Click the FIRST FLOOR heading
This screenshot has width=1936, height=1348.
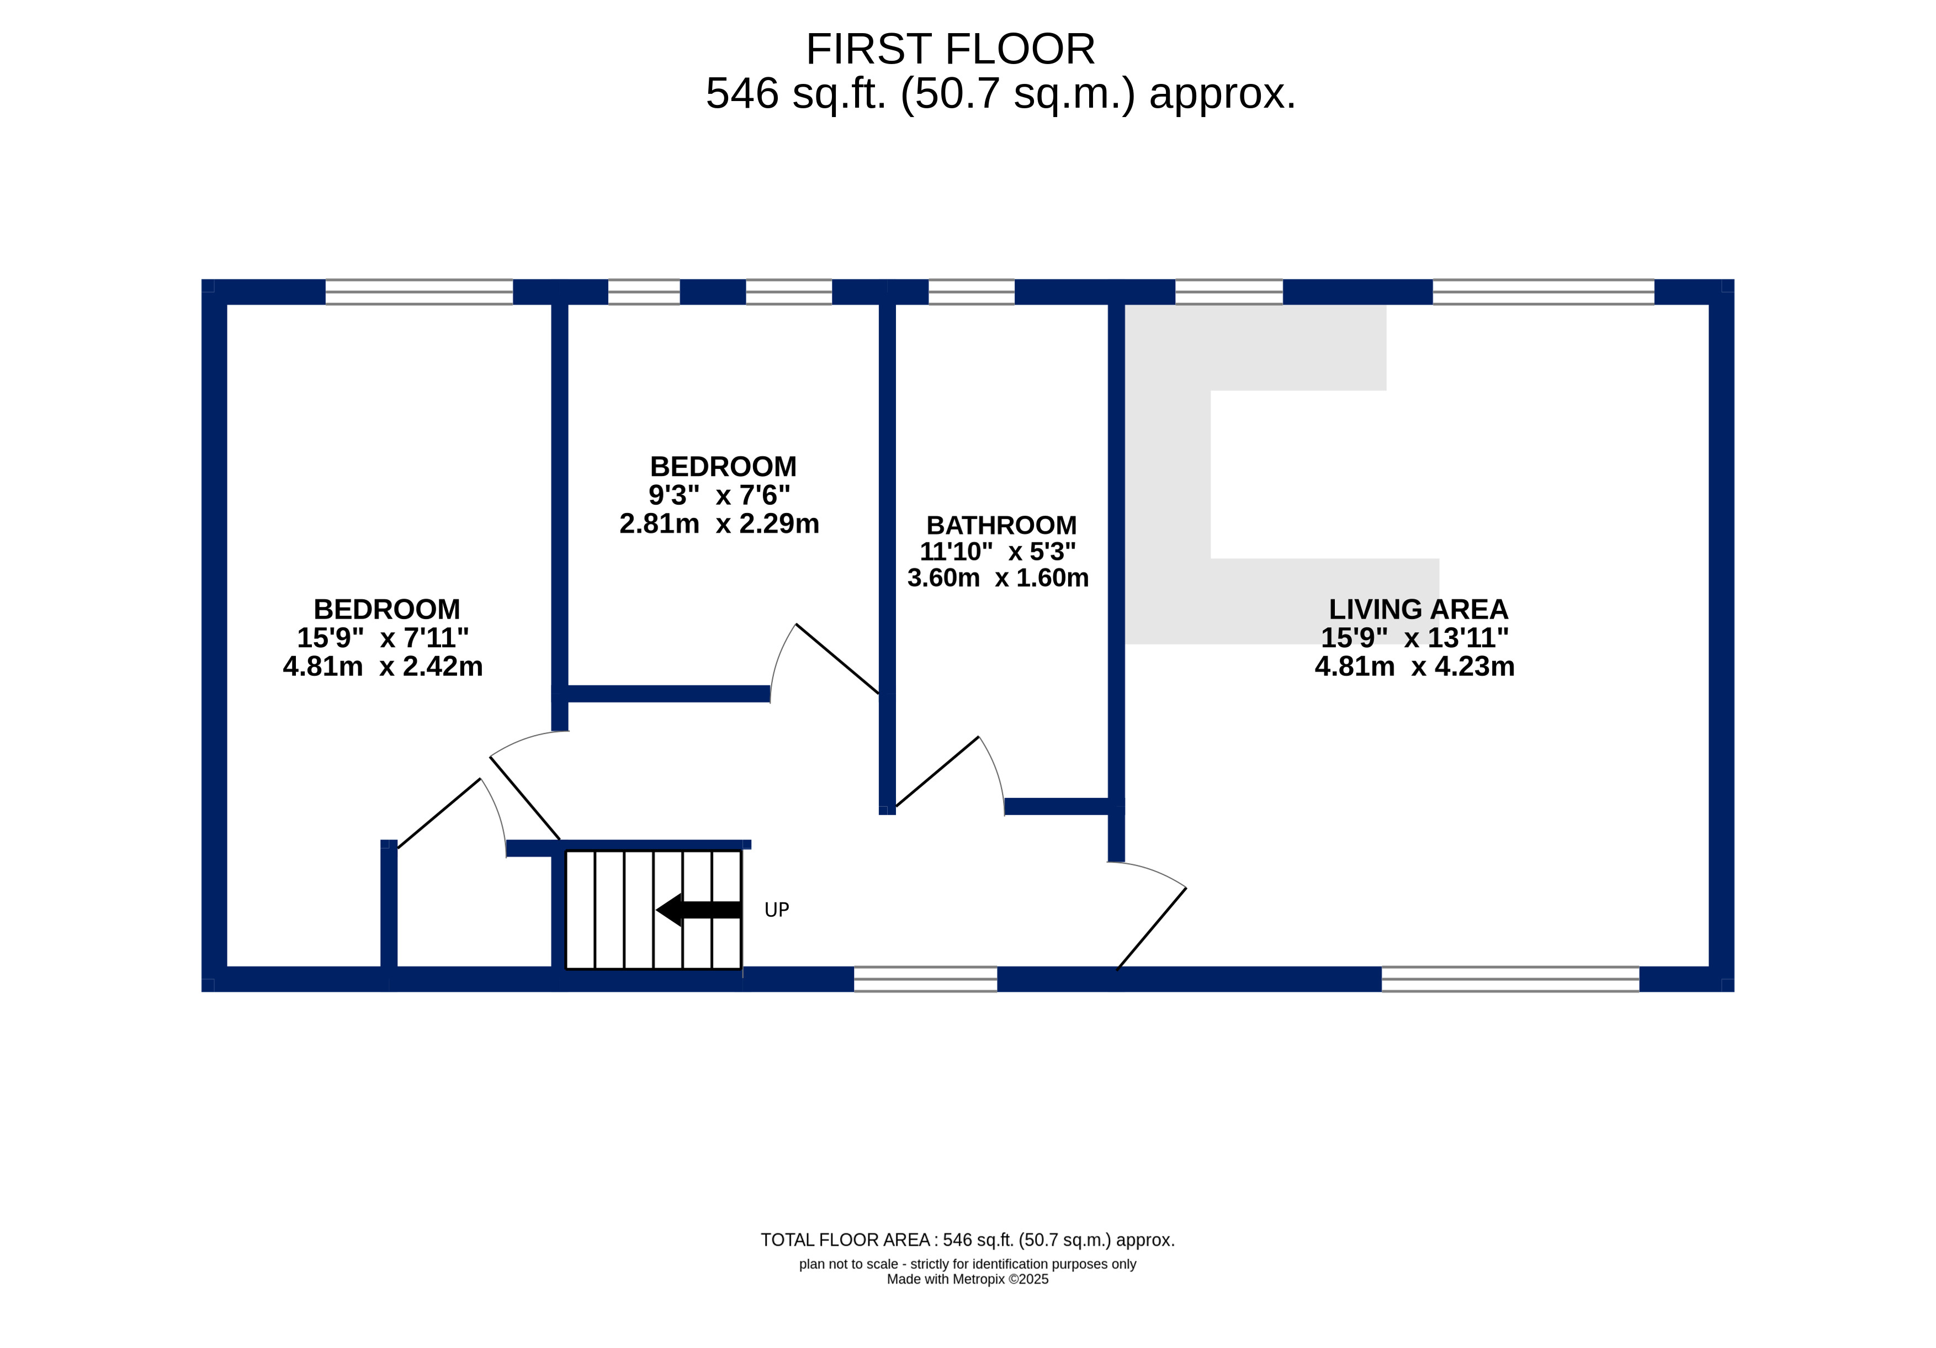point(950,49)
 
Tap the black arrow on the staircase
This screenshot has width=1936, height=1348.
point(698,910)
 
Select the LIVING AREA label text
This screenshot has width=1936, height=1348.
point(1418,609)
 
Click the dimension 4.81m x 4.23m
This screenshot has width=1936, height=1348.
point(1415,667)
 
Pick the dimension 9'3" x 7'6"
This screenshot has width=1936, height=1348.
point(719,495)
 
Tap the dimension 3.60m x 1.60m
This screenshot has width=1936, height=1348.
point(998,578)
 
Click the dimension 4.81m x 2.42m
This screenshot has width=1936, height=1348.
point(383,667)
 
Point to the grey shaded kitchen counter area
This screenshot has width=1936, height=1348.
point(1168,506)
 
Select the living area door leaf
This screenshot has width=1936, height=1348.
point(1151,929)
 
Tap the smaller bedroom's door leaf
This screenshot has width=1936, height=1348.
point(837,659)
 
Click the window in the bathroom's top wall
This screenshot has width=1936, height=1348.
point(972,292)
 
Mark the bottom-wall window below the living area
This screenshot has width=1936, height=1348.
point(1510,979)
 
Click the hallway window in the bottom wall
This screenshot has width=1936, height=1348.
point(925,979)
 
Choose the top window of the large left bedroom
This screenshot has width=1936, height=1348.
point(419,292)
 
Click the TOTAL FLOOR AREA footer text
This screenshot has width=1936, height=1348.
point(967,1240)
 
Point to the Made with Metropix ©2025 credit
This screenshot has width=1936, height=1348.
point(967,1279)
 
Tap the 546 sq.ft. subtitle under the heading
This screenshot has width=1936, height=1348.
point(1000,93)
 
